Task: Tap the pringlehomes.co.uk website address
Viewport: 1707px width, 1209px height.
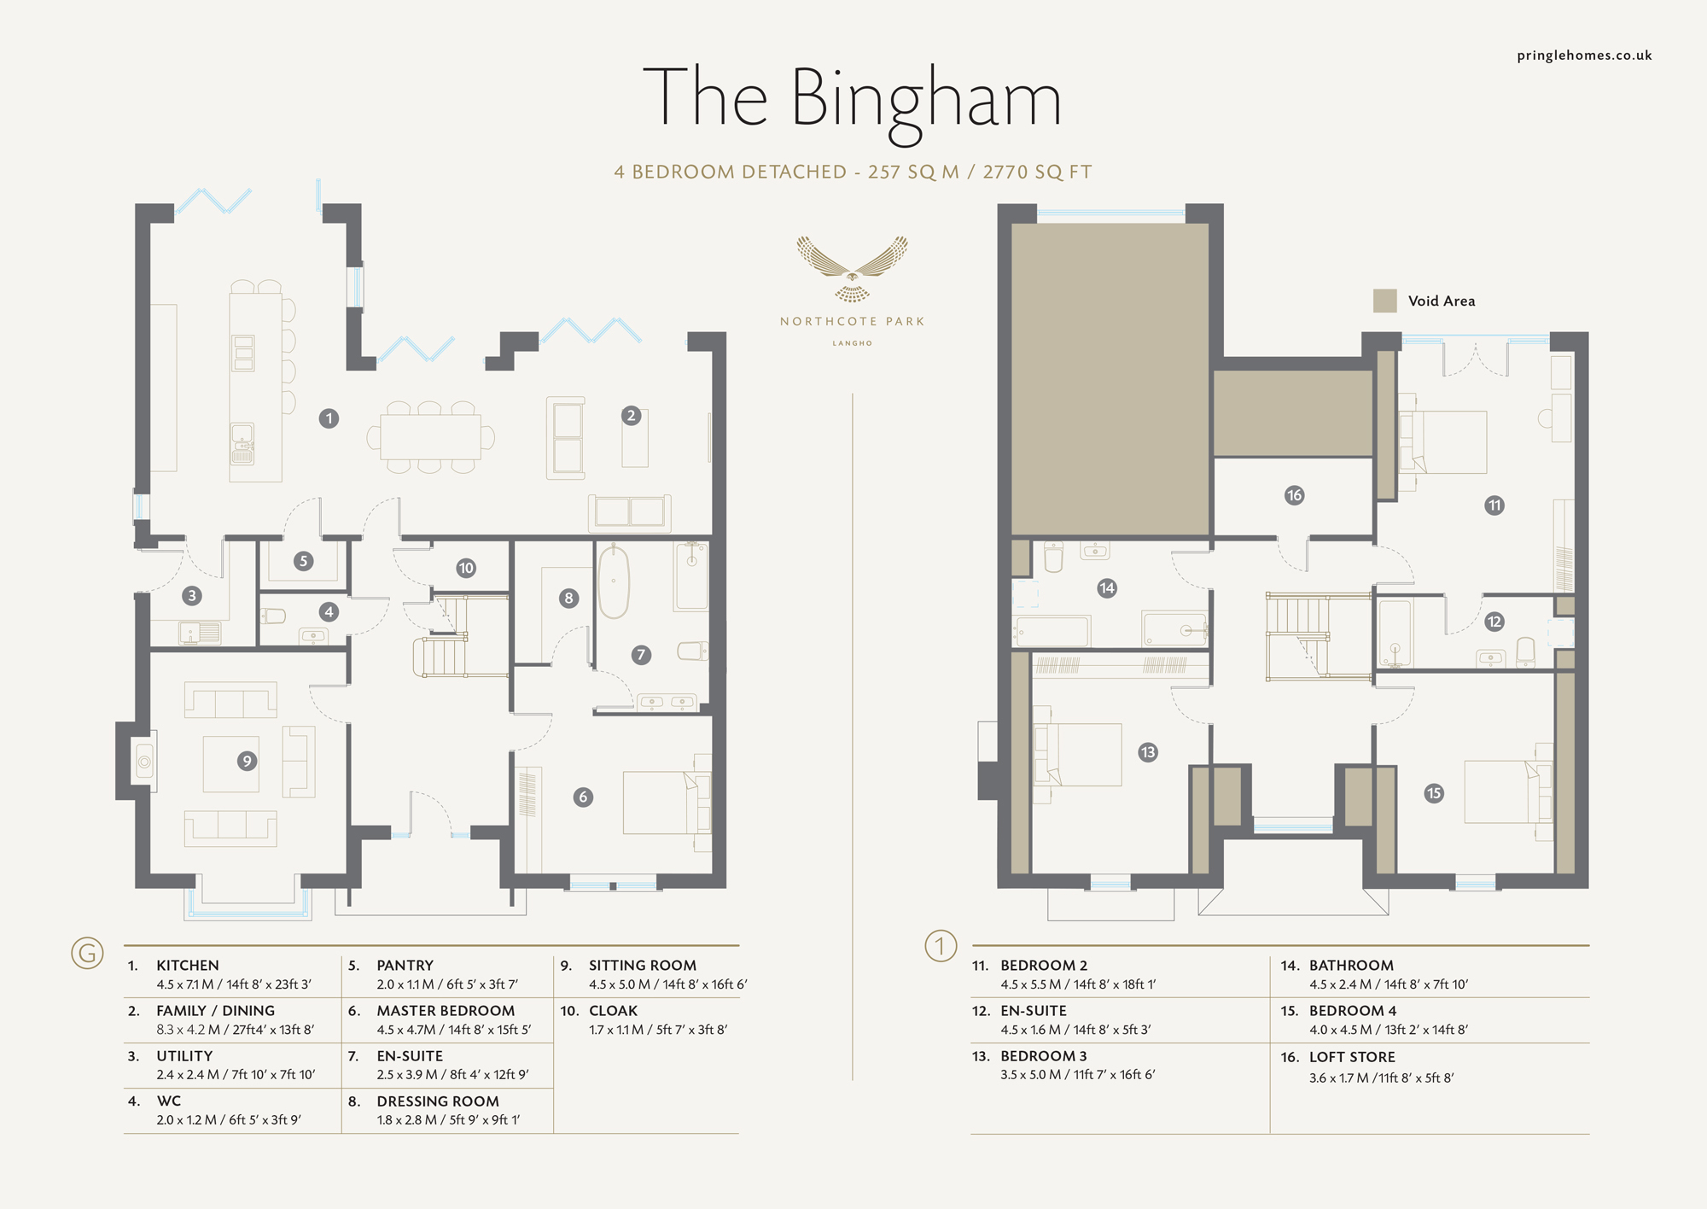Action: coord(1584,55)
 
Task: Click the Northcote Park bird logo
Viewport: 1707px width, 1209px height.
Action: coord(852,268)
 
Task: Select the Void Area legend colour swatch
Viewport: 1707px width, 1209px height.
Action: coord(1384,301)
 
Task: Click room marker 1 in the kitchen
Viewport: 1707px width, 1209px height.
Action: coord(329,418)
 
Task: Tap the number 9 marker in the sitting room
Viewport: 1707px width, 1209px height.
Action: coord(247,761)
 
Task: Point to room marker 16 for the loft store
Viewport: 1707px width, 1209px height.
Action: coord(1294,495)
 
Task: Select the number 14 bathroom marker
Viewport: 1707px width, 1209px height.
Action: coord(1107,587)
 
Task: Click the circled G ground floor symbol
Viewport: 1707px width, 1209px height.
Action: coord(87,952)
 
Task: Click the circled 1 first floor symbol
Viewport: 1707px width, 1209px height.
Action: coord(941,946)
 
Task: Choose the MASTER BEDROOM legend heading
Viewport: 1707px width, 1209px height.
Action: coord(446,1011)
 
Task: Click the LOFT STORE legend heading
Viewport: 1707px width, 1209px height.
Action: coord(1352,1057)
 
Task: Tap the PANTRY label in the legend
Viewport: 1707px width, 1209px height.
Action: coord(405,966)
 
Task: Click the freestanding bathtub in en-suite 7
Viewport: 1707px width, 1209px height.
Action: coord(613,582)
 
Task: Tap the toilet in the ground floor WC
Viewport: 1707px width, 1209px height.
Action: coord(273,616)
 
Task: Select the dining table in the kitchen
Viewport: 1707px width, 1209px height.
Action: coord(430,437)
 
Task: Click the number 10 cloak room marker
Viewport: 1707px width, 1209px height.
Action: coord(466,568)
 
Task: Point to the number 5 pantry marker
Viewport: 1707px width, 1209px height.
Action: coord(303,561)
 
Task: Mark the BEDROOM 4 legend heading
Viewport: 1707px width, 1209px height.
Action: coord(1353,1011)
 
